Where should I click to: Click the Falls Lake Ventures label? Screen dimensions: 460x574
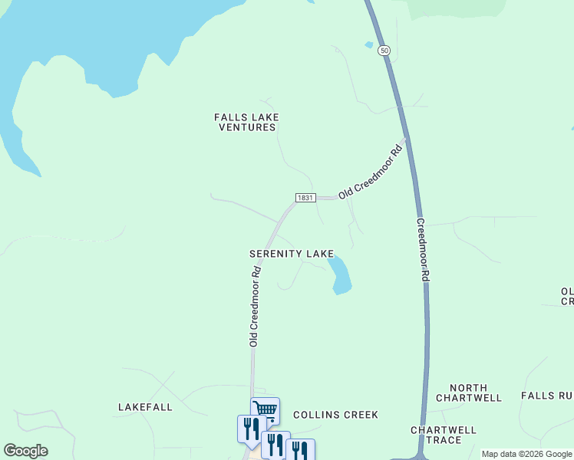[246, 122]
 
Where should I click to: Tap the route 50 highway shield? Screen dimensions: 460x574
[384, 50]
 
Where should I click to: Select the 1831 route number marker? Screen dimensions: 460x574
[305, 198]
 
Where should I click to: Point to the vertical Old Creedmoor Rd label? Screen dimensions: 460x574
[253, 306]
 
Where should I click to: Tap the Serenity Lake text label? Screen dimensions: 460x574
[292, 253]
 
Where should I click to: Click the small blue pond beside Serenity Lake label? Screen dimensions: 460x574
[340, 278]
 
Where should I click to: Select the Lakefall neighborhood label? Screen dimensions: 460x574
[145, 407]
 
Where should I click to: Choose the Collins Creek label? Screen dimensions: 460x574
[335, 415]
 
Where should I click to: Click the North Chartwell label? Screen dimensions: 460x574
[468, 393]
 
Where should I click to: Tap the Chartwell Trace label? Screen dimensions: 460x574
[444, 435]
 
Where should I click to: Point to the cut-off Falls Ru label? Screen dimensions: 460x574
[546, 396]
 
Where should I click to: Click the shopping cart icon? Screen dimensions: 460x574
[265, 409]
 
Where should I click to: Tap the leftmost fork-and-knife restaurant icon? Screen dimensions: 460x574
[251, 428]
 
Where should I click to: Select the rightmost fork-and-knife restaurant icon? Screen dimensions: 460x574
[299, 451]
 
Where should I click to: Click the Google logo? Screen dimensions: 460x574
[25, 451]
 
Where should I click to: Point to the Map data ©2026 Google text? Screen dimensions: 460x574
[526, 454]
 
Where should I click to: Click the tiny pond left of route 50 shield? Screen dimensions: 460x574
[369, 45]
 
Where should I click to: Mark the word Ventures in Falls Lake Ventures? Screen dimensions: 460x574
[246, 127]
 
